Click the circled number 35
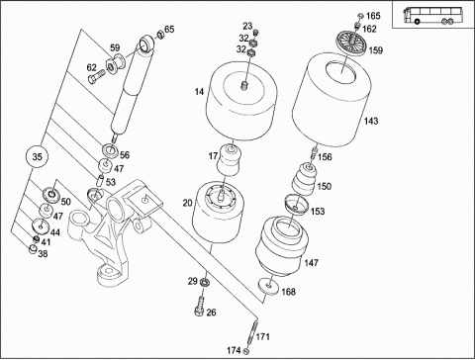37,156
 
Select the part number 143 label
371,121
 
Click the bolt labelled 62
96,78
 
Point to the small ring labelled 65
160,35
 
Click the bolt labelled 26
200,306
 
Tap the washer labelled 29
205,283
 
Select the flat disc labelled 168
269,286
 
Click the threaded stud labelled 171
252,333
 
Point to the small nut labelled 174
246,350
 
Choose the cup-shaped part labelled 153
296,205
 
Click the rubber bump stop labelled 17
229,160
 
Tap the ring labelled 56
111,150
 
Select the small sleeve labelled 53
100,181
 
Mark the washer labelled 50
51,194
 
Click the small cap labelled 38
33,249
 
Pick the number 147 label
312,263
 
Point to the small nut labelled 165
360,16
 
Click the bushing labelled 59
116,64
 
